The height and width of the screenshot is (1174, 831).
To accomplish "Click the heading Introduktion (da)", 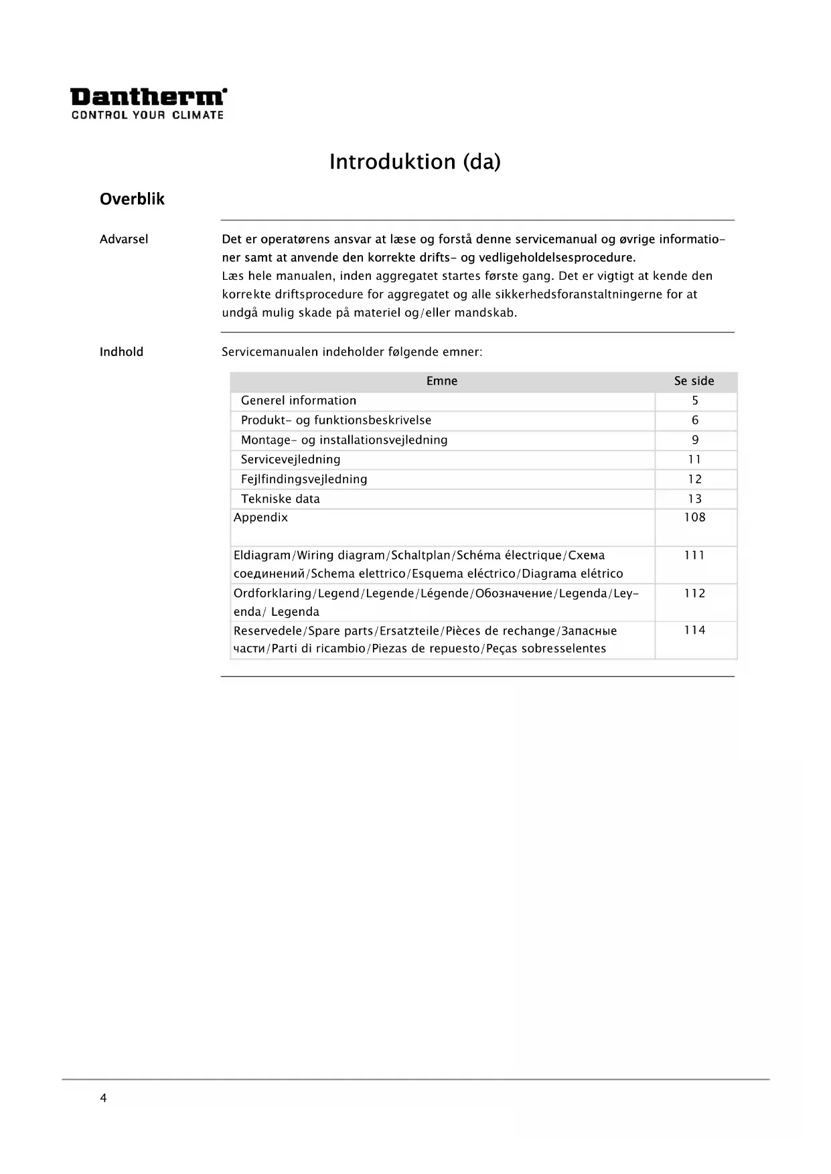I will [x=414, y=162].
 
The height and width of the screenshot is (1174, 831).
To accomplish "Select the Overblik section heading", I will [x=132, y=199].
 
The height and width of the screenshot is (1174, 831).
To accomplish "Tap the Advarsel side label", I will [x=124, y=239].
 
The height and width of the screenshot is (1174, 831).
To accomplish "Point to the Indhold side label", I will [x=121, y=352].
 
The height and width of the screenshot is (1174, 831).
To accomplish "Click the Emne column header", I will [x=442, y=381].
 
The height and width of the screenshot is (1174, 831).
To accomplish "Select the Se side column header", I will [x=694, y=381].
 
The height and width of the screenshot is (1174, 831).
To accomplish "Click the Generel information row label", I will [x=299, y=400].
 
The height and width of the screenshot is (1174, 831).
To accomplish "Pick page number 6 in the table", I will [x=695, y=420].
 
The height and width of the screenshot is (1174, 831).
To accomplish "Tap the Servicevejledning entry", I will [x=291, y=459].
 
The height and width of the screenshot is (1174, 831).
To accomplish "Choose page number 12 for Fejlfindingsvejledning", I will [x=695, y=479].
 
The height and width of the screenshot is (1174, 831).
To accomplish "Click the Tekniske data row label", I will [x=281, y=499].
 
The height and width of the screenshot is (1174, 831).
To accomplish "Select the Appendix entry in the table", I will [x=260, y=517].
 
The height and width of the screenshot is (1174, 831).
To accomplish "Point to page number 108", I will [x=695, y=517].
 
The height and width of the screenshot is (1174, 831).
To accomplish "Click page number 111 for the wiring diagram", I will [x=695, y=556].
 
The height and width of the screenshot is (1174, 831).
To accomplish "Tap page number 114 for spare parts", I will [x=695, y=631].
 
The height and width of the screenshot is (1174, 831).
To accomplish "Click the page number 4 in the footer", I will [x=103, y=1098].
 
